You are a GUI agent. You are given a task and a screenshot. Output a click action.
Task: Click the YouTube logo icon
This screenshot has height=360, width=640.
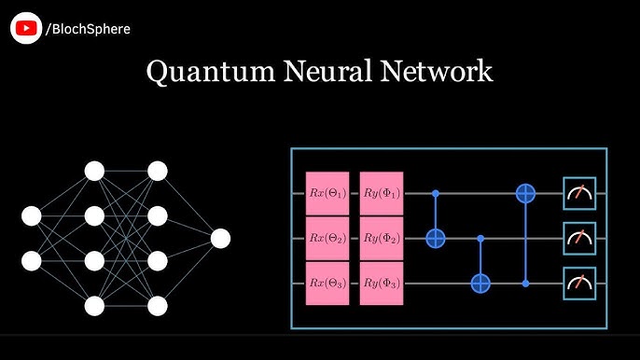[26, 28]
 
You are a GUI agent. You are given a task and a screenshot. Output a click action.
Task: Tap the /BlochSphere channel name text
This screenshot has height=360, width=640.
[88, 29]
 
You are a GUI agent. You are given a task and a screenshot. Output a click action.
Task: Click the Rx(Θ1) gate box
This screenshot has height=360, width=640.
[327, 194]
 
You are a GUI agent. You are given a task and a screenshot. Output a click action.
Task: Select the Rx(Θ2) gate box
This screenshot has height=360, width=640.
[327, 239]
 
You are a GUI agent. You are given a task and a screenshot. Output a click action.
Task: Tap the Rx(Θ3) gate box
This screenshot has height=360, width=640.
[327, 283]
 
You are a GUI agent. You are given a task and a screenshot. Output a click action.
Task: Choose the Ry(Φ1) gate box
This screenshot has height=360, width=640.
[382, 194]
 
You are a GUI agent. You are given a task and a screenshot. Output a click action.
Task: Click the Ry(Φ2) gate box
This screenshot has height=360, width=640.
[382, 239]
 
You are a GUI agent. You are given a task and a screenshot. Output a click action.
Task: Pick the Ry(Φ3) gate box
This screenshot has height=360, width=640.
[382, 283]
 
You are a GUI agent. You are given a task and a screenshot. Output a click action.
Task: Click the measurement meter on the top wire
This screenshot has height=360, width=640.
[577, 194]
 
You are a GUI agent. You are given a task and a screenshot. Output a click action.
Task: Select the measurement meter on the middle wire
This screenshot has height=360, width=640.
[577, 239]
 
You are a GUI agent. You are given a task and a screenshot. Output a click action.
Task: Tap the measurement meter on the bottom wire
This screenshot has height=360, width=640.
[577, 283]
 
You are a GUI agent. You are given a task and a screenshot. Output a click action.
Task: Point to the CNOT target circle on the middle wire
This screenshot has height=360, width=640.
[436, 239]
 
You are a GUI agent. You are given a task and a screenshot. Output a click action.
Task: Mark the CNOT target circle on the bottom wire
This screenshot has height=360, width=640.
[481, 283]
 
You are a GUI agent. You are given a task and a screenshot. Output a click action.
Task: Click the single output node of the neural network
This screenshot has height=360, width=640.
[220, 239]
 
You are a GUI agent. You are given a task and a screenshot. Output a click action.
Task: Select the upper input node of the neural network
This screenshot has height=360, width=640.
[32, 216]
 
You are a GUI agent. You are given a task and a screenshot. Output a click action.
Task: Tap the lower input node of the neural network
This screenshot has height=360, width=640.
[32, 260]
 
